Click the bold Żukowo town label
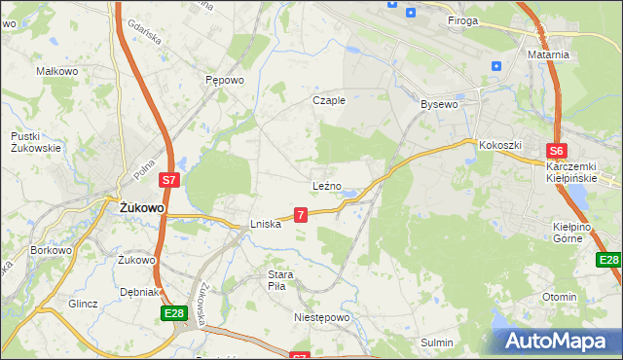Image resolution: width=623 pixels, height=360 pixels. (x=141, y=208)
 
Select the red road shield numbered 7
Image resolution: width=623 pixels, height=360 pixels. (x=302, y=214)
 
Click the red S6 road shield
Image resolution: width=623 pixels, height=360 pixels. (x=556, y=151)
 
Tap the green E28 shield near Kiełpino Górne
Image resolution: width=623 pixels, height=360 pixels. (x=608, y=260)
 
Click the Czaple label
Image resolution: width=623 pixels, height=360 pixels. (x=329, y=100)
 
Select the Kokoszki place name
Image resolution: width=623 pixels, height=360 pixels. (x=500, y=145)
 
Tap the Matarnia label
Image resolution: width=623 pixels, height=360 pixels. (x=548, y=55)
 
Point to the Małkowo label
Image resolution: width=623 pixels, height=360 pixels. (x=56, y=71)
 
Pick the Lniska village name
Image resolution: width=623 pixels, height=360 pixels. (x=266, y=224)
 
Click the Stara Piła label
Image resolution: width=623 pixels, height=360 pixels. (x=281, y=280)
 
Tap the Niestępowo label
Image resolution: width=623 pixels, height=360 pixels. (x=321, y=317)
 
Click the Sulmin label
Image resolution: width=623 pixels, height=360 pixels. (x=437, y=342)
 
